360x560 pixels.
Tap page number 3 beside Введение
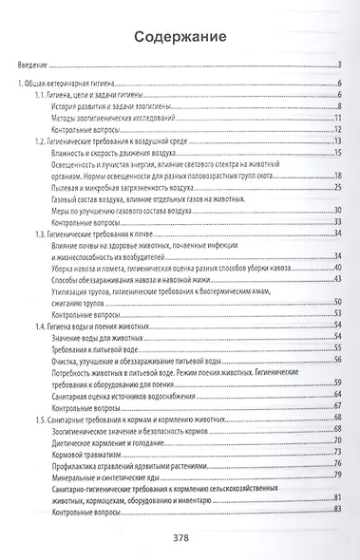(339, 66)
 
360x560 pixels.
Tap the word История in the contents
(66, 108)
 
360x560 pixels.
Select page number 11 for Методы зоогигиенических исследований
(337, 119)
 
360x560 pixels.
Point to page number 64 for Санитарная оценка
(337, 399)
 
